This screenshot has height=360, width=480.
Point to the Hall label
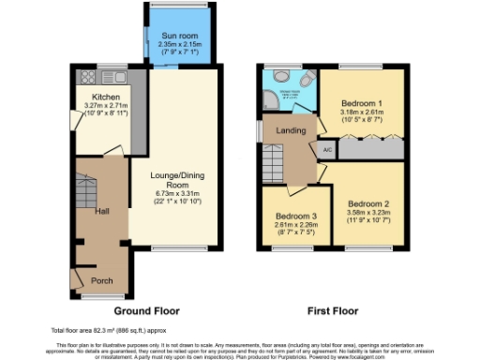[101, 211]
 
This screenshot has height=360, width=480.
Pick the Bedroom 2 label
[367, 203]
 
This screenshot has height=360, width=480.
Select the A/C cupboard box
[328, 149]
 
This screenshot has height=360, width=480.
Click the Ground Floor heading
[147, 310]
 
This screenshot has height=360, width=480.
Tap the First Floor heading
[333, 310]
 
